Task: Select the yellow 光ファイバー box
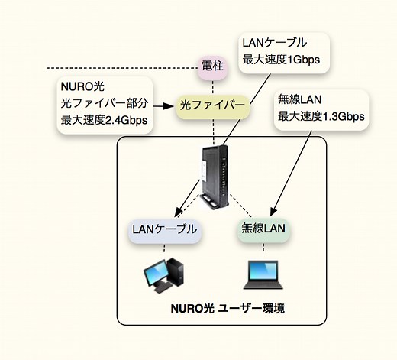coord(213,104)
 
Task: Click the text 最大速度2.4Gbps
coord(103,120)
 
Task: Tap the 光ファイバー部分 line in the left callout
coord(97,103)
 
